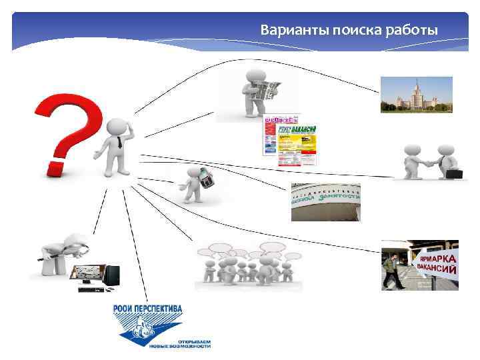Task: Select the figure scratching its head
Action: [115, 147]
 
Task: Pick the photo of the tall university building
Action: [416, 95]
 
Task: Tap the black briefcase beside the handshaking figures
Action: [454, 173]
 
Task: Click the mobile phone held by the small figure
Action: [207, 179]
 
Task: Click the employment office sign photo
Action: [325, 201]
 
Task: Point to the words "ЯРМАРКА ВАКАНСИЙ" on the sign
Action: [437, 263]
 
